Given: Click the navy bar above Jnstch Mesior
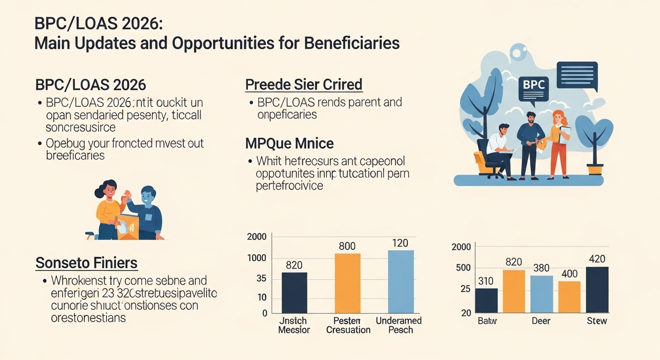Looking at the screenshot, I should point(294,292).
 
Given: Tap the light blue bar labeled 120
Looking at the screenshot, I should point(401,281).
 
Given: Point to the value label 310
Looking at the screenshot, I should point(486,281).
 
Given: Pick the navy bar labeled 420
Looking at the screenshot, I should point(597,290).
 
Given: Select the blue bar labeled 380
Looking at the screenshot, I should point(541,294).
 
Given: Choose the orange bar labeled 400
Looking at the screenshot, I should point(570,297).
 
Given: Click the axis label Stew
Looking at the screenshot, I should point(597,321).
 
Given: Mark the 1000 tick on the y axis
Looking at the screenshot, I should point(257,258).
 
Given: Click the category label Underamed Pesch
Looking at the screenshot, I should point(399,325).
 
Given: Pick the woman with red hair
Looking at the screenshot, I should point(559,143).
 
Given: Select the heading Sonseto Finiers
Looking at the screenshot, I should point(87,263).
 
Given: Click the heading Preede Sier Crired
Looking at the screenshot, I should point(304,85).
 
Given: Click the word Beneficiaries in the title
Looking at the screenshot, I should point(352,43).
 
